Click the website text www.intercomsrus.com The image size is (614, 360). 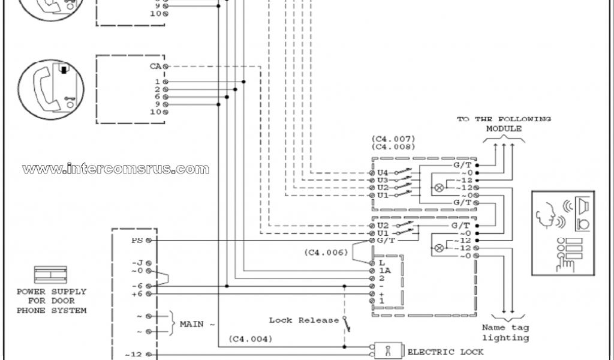tap(116, 169)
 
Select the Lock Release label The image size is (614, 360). tap(304, 320)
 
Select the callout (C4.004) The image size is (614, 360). tap(250, 339)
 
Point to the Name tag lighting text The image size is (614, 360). tap(505, 333)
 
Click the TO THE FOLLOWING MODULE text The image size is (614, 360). tap(504, 124)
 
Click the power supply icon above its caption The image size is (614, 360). tap(52, 275)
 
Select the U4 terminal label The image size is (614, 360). tap(382, 173)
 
